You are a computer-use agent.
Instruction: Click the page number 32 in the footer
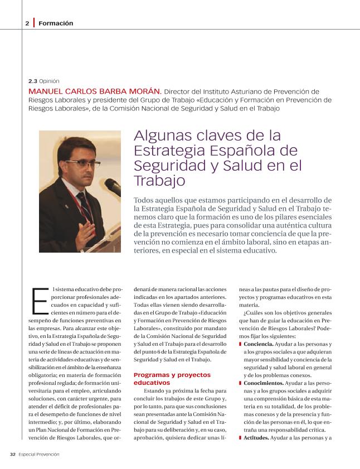(12, 454)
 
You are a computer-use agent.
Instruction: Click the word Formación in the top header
(56, 23)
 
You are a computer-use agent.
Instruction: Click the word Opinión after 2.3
(49, 81)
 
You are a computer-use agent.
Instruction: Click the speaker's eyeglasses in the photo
(84, 165)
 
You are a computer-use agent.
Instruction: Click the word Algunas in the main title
(158, 136)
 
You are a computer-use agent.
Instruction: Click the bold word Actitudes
(256, 438)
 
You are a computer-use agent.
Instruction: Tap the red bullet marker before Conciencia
(240, 345)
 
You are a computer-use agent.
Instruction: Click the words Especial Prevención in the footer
(39, 454)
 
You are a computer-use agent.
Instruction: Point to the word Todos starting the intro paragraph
(145, 200)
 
